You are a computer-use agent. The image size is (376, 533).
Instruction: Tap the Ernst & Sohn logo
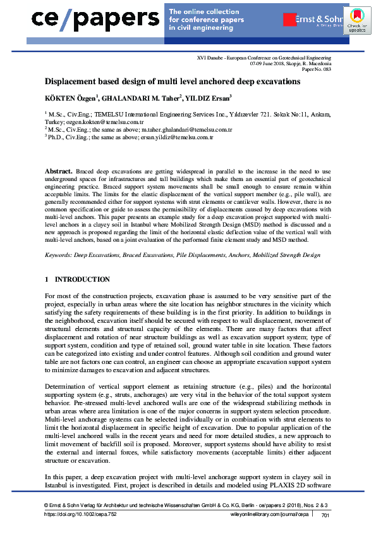(320, 20)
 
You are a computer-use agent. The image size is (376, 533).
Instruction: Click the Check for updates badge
(356, 21)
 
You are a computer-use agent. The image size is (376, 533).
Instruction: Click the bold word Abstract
(58, 172)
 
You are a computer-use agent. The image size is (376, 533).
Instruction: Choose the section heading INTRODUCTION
(82, 279)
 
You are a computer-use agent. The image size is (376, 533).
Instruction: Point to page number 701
(326, 515)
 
